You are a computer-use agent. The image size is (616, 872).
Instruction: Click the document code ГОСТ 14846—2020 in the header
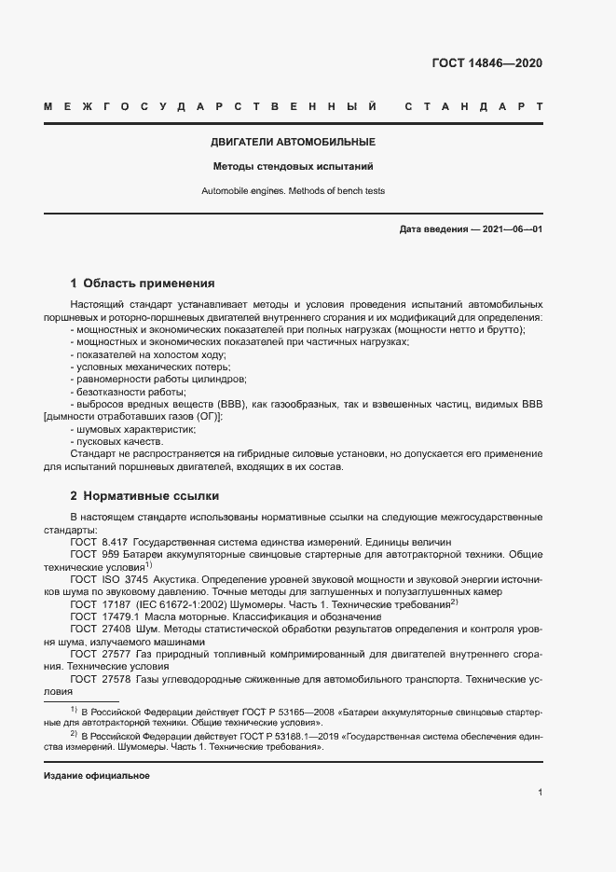[486, 63]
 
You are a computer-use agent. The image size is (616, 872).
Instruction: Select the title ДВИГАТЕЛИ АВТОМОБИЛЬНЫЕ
[293, 143]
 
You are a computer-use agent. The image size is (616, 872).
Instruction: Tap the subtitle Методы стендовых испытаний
[293, 167]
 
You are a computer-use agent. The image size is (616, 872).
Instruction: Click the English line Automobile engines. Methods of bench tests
[293, 190]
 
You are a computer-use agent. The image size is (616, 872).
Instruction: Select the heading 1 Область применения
[143, 283]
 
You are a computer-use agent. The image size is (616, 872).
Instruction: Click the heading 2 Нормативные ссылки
[144, 495]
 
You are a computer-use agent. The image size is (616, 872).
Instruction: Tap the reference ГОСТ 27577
[99, 654]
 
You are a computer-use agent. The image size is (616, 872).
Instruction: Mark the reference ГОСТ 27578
[99, 679]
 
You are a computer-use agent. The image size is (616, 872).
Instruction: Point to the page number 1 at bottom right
[540, 793]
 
